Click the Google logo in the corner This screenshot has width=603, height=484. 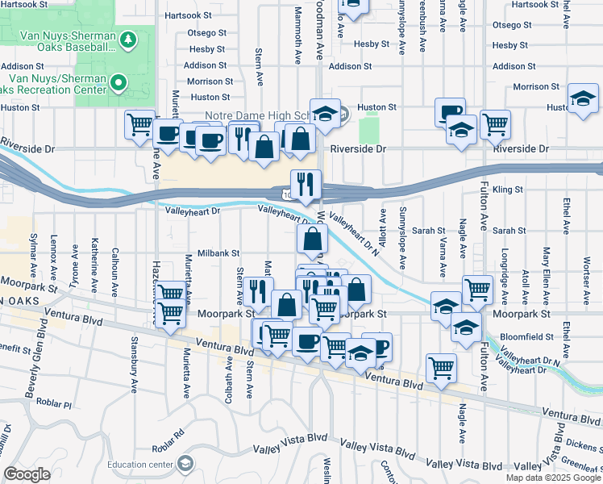click(x=27, y=474)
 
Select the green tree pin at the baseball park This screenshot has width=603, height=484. click(x=127, y=40)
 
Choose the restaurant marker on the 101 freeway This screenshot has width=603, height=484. click(x=306, y=185)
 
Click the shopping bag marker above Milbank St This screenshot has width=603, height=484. click(x=312, y=240)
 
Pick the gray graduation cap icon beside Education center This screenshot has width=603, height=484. click(x=186, y=462)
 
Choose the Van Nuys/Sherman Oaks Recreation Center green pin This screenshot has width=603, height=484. click(x=119, y=82)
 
